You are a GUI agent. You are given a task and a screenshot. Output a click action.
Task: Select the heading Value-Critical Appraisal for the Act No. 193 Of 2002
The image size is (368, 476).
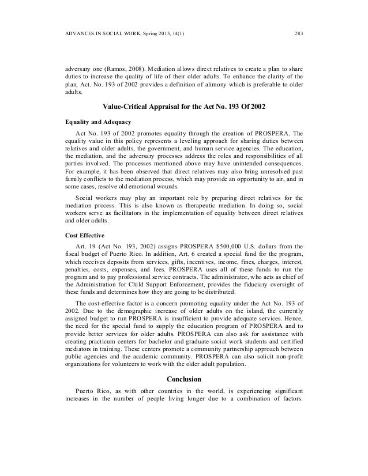point(183,107)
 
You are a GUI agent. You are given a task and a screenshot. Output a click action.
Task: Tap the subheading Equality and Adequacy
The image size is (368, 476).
point(97,122)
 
